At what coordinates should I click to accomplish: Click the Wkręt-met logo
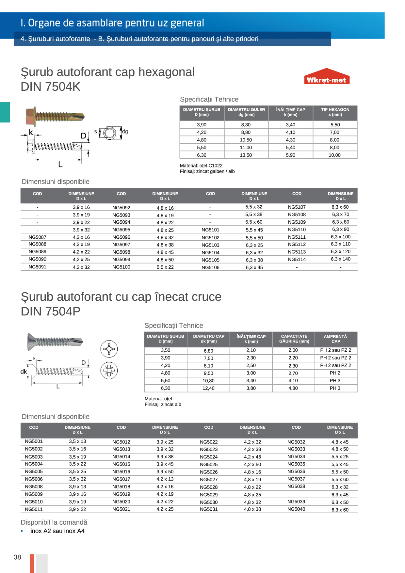tap(327, 77)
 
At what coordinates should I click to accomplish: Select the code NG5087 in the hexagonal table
tap(37, 237)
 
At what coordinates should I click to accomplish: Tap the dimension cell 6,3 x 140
tap(340, 259)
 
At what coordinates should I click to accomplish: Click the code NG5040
tap(296, 509)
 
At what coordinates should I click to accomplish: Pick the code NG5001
tap(34, 441)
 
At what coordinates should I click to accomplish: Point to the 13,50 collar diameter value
tap(246, 155)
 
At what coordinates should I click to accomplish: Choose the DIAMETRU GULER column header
tap(246, 112)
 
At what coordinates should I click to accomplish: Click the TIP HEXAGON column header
tap(335, 112)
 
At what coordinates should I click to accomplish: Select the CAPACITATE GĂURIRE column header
tap(294, 339)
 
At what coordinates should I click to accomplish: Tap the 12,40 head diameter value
tap(208, 388)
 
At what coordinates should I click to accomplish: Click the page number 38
tap(17, 557)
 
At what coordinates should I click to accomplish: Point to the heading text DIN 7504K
tap(50, 87)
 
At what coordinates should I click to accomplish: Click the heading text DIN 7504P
tap(50, 311)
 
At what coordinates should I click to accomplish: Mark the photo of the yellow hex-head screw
tap(55, 116)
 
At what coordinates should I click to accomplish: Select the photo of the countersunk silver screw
tap(55, 341)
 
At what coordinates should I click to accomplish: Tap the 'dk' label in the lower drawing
tap(24, 372)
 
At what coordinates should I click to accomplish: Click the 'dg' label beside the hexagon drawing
tap(125, 132)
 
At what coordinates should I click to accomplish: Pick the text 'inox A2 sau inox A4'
tap(57, 531)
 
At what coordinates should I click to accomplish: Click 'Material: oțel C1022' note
tap(201, 166)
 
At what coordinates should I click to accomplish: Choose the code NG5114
tap(297, 260)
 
